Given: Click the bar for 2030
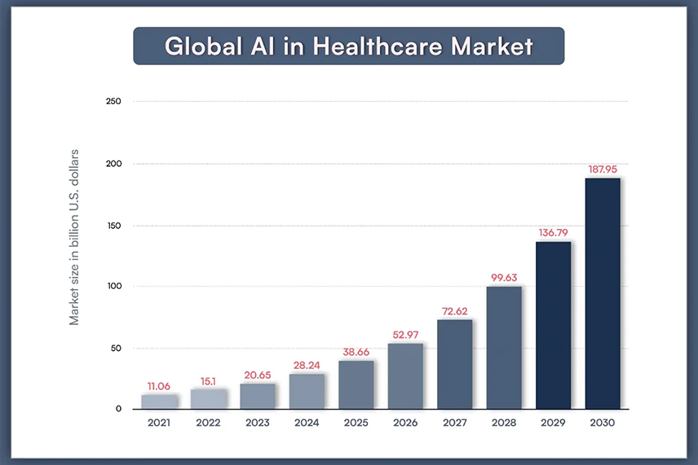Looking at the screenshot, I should click(603, 293).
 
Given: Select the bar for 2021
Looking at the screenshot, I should click(158, 401).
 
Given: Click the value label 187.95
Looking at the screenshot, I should click(603, 169).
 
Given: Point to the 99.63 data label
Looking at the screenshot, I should click(503, 278).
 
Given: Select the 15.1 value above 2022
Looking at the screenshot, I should click(208, 381).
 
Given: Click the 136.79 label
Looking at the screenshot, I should click(553, 233).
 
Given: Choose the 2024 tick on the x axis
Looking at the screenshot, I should click(306, 423).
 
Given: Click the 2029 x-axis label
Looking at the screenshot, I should click(553, 423).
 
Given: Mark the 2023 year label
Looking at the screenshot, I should click(257, 423).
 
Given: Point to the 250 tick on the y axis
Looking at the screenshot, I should click(113, 102).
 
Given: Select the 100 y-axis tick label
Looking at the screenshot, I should click(113, 287).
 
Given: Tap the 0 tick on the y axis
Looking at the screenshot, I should click(118, 409).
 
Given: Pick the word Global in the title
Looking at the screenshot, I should click(198, 46).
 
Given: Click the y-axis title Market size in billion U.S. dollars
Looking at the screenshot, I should click(74, 238).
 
